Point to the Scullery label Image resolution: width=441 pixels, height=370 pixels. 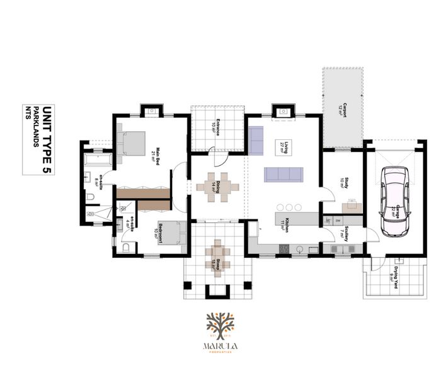(347, 234)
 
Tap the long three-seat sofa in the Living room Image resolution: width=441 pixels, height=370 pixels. (283, 174)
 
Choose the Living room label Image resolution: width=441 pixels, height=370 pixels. (285, 149)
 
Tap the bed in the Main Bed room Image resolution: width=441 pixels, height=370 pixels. (132, 144)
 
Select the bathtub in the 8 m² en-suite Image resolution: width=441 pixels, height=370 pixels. (96, 161)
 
